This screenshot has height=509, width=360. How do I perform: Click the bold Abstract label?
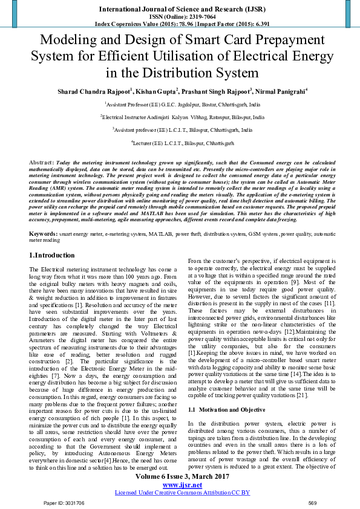coord(41,163)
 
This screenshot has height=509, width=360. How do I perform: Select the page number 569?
coord(312,502)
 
